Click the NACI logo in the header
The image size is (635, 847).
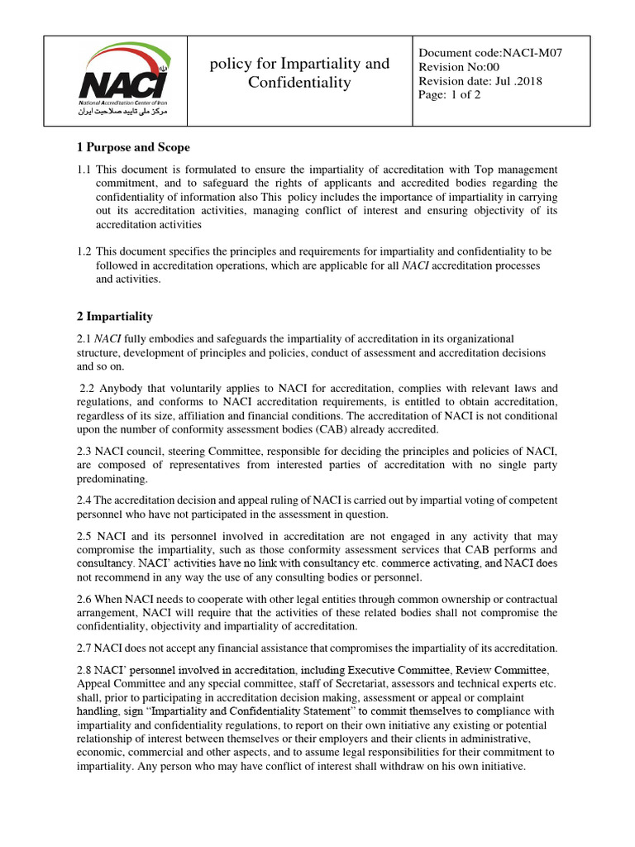pyautogui.click(x=123, y=79)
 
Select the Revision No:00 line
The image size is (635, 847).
pyautogui.click(x=461, y=67)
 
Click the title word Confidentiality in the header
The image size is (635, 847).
pyautogui.click(x=299, y=83)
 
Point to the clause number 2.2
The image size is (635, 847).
pyautogui.click(x=89, y=387)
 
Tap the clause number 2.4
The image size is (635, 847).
pyautogui.click(x=85, y=500)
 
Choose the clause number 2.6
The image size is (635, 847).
pyautogui.click(x=85, y=599)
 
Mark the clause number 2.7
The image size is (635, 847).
pyautogui.click(x=85, y=648)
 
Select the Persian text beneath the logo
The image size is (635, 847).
pyautogui.click(x=123, y=110)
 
